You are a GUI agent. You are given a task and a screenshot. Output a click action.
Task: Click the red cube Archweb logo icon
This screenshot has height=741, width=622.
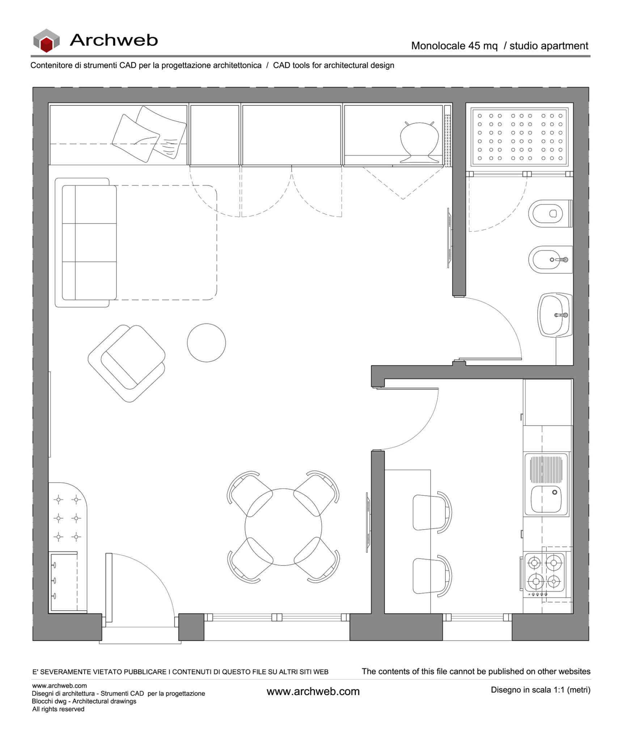coord(46,41)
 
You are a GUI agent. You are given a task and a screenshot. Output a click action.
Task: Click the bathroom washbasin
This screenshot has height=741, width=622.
coord(554,315)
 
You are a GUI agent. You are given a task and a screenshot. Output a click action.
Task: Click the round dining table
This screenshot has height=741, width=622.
coord(283,527)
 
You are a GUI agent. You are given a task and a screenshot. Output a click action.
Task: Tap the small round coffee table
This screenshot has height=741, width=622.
coord(206,342)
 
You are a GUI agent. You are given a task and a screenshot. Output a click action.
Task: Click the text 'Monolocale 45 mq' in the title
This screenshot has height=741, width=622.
coord(454,46)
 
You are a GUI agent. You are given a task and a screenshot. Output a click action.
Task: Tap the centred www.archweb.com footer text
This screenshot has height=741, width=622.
coord(313,691)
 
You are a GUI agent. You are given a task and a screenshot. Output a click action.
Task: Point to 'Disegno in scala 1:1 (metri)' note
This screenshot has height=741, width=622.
coord(540,690)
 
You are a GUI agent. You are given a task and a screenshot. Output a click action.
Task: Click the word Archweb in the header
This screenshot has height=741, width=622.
coord(114,40)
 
